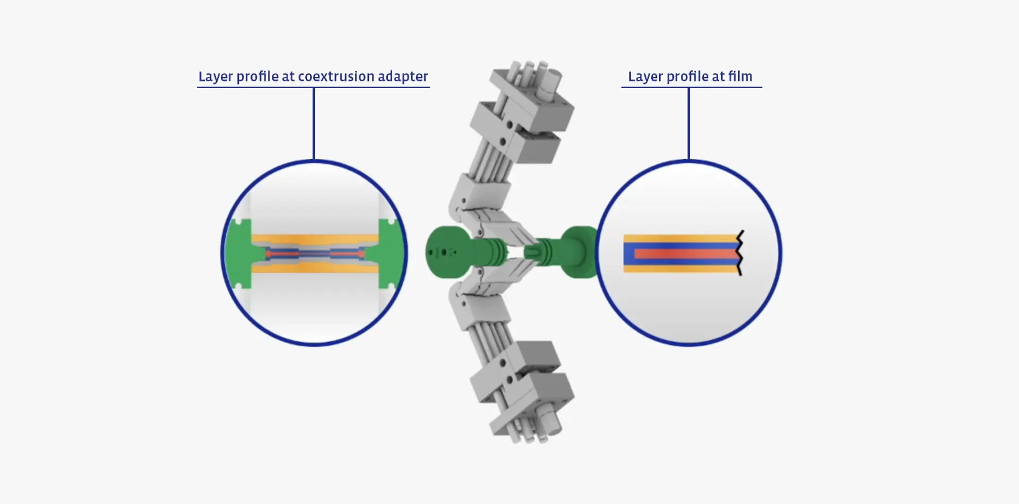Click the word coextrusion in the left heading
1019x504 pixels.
336,76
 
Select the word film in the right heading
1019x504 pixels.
740,76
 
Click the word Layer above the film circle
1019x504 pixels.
645,77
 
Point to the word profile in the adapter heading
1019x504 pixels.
257,77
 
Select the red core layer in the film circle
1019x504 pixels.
685,254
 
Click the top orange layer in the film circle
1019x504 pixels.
679,238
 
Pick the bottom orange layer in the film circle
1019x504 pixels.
679,269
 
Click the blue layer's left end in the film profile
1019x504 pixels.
628,254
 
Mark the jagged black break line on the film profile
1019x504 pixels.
740,253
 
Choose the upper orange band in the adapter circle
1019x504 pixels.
315,239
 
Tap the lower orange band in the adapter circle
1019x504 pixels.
315,268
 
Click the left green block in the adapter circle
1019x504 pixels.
239,254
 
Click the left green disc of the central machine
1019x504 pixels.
446,253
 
